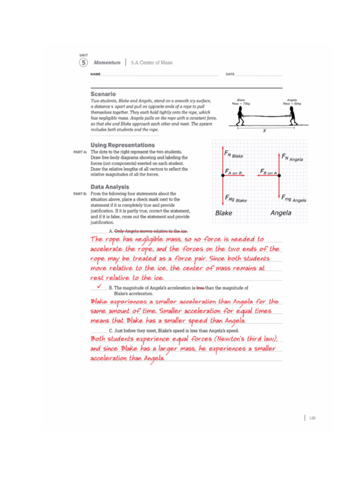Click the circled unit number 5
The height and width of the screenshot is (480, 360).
pos(83,62)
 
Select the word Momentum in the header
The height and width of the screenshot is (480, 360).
pos(107,62)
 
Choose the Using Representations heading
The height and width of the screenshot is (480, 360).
pos(122,145)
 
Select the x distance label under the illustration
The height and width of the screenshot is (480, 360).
pos(264,131)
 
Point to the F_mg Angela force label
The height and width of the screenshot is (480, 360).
pos(293,199)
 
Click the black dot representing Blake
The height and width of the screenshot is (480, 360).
pos(223,175)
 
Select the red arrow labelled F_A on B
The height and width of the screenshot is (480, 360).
pos(233,175)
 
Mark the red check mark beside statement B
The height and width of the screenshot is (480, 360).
pos(99,285)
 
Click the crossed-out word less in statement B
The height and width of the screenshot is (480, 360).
pos(200,288)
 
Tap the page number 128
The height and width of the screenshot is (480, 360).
pos(312,418)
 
